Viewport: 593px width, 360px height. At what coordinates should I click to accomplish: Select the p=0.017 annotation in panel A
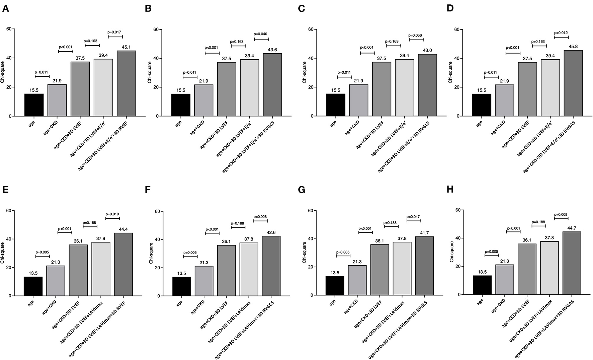click(x=115, y=32)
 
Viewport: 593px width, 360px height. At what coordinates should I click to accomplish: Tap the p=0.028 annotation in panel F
click(x=260, y=216)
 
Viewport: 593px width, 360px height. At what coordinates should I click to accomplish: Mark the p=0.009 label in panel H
click(x=561, y=215)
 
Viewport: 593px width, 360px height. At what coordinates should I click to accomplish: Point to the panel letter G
click(x=302, y=190)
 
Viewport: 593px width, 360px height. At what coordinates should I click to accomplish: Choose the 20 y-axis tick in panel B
click(x=156, y=87)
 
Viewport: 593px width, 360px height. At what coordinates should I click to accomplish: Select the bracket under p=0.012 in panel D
click(x=561, y=37)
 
